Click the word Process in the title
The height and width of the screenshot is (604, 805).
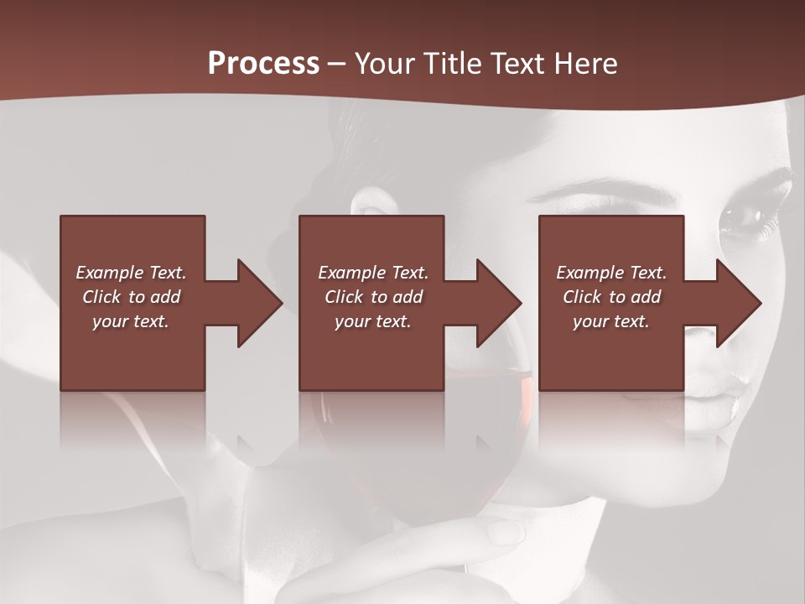point(263,64)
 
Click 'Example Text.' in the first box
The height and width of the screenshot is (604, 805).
point(131,273)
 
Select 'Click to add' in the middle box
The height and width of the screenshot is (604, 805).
point(373,297)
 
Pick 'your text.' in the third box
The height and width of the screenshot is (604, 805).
point(611,321)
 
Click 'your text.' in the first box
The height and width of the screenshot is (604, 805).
point(131,321)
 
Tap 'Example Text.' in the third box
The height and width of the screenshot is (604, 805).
point(611,273)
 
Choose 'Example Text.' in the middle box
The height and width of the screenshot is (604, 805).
point(373,273)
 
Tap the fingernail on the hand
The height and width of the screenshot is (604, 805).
point(506,531)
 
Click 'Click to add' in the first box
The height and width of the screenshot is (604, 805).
point(131,297)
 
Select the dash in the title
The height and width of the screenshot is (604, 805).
point(337,64)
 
